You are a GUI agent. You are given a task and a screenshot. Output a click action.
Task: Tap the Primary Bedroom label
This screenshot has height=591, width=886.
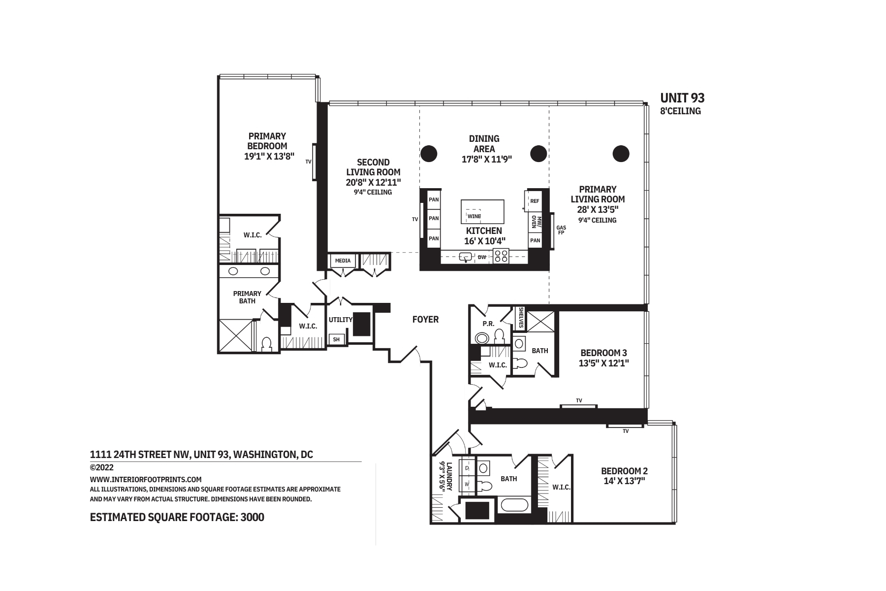(x=267, y=141)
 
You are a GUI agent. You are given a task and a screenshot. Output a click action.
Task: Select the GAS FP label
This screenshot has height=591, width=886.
(x=561, y=230)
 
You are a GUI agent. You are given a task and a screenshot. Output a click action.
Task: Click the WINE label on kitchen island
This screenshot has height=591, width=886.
(x=475, y=216)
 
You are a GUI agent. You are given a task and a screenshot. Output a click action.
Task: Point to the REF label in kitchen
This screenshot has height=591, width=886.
(x=535, y=201)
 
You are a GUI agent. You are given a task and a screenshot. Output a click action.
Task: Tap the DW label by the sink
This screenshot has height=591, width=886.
(x=482, y=257)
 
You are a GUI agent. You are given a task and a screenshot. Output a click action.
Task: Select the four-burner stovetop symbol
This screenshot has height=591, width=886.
(x=501, y=256)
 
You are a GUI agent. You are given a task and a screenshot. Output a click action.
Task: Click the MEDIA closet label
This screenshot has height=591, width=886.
(x=343, y=261)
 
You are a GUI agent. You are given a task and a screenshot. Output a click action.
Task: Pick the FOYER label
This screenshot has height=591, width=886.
(x=425, y=320)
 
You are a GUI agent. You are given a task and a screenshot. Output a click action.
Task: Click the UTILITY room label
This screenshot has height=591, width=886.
(x=341, y=320)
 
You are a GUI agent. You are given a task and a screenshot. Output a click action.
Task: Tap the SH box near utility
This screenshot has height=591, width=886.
(x=337, y=339)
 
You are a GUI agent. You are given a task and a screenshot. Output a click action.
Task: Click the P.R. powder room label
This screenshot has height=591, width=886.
(x=488, y=324)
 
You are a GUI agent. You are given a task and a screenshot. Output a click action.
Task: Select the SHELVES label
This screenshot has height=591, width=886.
(x=521, y=318)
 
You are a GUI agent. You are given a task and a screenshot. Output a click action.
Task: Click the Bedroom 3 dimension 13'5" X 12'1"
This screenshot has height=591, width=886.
(x=603, y=363)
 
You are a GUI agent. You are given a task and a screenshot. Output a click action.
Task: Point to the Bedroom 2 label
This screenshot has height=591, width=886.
(x=624, y=470)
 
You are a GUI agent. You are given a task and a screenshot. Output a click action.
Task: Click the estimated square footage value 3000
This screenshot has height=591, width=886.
(x=253, y=517)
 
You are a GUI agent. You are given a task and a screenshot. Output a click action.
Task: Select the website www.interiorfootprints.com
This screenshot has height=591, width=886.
(x=146, y=479)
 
